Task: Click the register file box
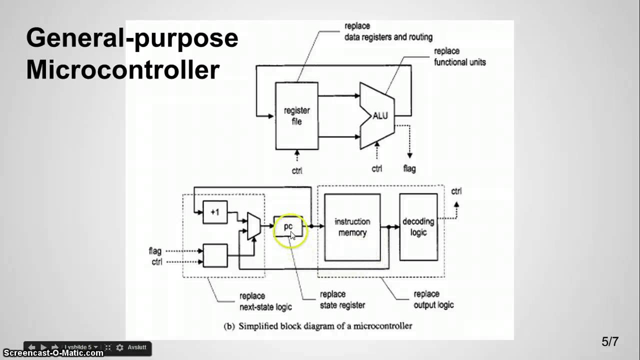point(296,115)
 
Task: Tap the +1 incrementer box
point(215,212)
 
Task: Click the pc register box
point(288,227)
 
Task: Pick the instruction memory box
point(352,227)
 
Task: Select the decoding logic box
point(418,227)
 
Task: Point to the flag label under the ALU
point(409,169)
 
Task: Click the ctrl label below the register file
point(297,170)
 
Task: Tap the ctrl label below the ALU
point(377,169)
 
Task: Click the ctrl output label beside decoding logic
point(456,191)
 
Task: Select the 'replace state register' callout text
point(342,299)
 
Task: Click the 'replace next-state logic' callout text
point(265,301)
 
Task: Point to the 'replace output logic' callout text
point(433,299)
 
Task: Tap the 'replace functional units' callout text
point(459,57)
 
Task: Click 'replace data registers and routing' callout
point(388,31)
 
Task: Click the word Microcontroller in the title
point(122,70)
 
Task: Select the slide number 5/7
point(609,342)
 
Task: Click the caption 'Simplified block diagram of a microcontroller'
point(324,326)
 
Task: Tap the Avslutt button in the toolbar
point(136,347)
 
